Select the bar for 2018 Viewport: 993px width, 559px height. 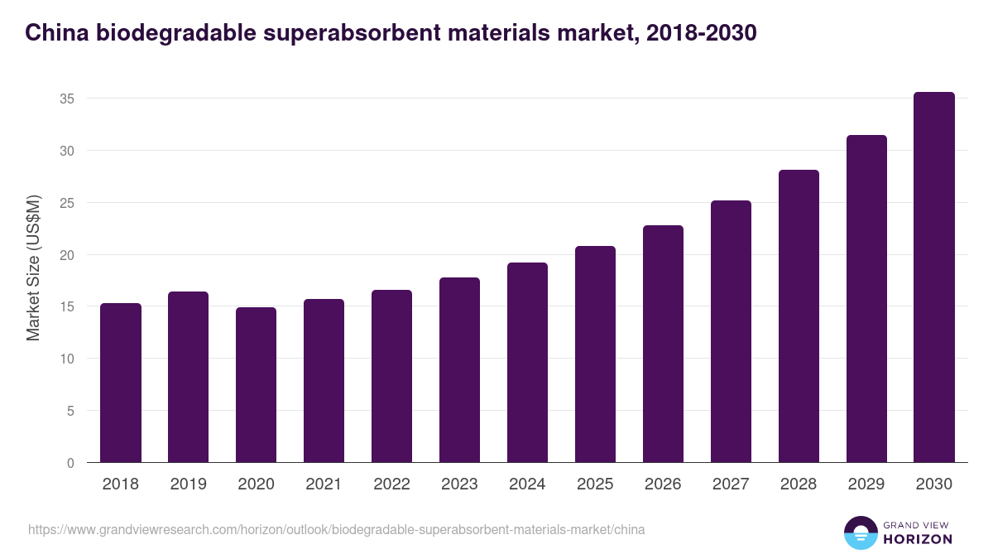[121, 383]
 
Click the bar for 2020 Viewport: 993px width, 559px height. [256, 385]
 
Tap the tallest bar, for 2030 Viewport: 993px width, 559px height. [934, 277]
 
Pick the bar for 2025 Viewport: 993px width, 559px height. [595, 354]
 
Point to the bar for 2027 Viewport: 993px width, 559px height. [731, 331]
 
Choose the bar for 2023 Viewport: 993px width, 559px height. [459, 370]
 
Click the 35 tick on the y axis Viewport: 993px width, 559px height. [67, 99]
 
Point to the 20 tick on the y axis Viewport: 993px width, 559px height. [67, 255]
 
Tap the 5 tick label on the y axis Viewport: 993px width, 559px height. [70, 411]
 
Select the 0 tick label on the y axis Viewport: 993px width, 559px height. [70, 463]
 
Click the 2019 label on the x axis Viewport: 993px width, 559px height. [189, 484]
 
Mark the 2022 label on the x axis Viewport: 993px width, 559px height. [391, 484]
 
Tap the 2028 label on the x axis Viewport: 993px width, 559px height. [799, 484]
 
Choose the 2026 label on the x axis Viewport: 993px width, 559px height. [663, 484]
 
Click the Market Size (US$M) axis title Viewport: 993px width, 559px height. [34, 267]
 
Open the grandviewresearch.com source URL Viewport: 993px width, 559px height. [336, 529]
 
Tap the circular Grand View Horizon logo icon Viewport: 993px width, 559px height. [860, 532]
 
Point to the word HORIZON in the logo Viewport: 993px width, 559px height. [918, 539]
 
